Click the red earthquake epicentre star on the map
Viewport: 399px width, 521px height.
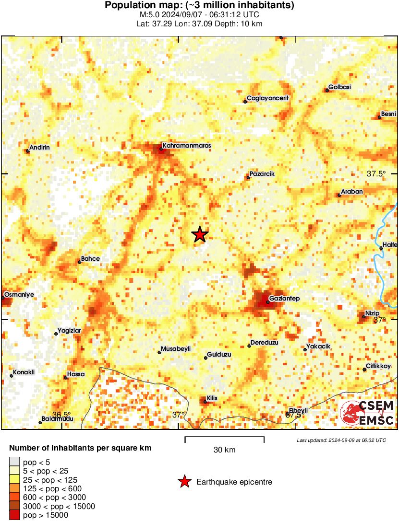(199, 234)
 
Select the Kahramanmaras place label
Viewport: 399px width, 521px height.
(187, 145)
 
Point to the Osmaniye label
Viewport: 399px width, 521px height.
(19, 295)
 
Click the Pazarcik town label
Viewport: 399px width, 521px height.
(262, 174)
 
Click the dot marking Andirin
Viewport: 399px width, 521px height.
(27, 151)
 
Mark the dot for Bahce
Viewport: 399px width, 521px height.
(80, 262)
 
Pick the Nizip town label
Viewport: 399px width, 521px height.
(372, 313)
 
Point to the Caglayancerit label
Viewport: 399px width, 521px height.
(267, 98)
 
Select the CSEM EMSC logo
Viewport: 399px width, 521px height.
(367, 414)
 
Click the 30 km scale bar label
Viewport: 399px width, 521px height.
(224, 450)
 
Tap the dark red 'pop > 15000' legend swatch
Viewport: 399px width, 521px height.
(15, 515)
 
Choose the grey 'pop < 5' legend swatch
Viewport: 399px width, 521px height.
(15, 463)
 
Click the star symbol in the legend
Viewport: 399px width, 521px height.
(183, 482)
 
